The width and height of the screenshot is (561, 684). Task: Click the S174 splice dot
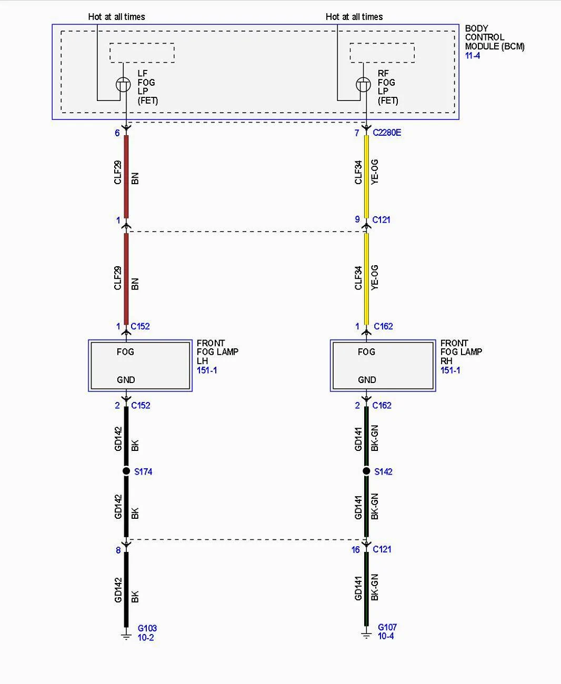[126, 470]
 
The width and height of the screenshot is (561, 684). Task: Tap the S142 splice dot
[366, 470]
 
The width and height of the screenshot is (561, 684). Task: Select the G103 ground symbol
[126, 636]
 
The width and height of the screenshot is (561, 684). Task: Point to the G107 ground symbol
[366, 636]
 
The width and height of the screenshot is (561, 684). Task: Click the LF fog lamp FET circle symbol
[123, 85]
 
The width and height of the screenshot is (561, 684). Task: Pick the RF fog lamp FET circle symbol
[364, 85]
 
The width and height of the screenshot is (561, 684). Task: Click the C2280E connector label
[387, 133]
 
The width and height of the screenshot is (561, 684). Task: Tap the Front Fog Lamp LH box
[140, 366]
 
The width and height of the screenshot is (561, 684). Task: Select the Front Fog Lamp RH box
[383, 366]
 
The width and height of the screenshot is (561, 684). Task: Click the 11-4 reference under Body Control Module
[473, 56]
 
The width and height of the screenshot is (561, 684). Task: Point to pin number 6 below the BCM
[117, 133]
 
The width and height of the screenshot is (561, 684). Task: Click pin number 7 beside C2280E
[357, 133]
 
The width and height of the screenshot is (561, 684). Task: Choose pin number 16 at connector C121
[356, 549]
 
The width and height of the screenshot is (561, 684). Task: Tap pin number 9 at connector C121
[357, 219]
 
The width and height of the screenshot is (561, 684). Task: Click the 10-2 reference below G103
[146, 637]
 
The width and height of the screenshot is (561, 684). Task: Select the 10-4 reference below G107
[386, 636]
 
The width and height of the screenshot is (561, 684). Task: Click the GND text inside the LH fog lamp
[126, 379]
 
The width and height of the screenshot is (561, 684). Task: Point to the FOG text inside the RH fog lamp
[367, 352]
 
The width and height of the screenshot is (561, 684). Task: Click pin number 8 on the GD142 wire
[118, 550]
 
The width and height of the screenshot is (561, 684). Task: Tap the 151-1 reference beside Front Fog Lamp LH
[207, 370]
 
